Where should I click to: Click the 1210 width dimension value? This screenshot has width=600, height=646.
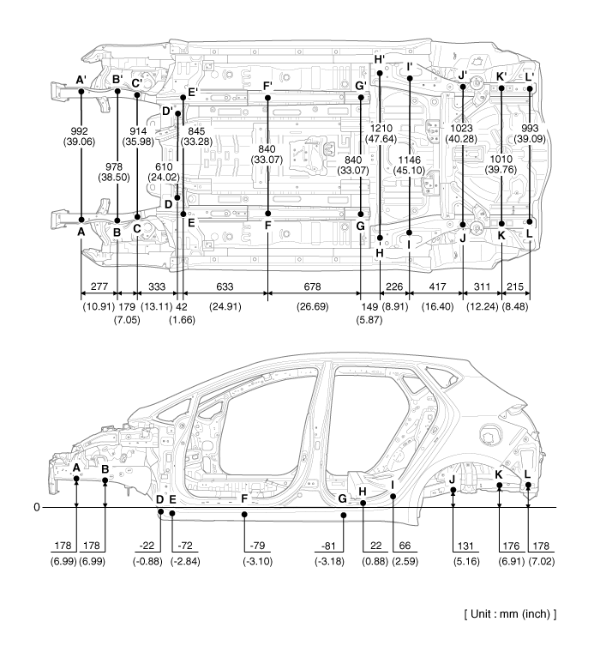click(x=381, y=128)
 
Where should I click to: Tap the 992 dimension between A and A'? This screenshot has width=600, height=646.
click(x=79, y=131)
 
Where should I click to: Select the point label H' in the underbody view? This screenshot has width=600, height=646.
click(x=379, y=59)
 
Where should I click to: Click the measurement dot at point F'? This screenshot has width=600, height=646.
click(x=268, y=98)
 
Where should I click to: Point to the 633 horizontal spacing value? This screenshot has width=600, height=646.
click(x=225, y=287)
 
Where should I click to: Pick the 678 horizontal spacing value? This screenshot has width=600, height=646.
click(x=312, y=287)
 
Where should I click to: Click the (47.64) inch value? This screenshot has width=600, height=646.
click(x=381, y=139)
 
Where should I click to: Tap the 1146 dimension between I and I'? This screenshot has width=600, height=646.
click(x=409, y=160)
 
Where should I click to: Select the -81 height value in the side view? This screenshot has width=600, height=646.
click(x=328, y=546)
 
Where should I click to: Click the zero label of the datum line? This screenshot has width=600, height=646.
click(x=37, y=507)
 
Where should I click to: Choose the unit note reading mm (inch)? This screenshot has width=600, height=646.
click(x=511, y=614)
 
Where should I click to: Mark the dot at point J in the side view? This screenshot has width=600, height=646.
click(x=453, y=490)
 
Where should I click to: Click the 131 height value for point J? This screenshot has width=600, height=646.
click(x=465, y=546)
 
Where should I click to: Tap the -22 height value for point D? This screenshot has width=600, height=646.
click(x=147, y=546)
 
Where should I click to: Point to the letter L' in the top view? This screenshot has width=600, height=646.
click(x=530, y=76)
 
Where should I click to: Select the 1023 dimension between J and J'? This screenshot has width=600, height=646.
click(x=461, y=128)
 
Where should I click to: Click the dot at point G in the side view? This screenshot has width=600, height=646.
click(x=344, y=515)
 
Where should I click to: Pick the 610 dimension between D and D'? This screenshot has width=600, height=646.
click(x=164, y=166)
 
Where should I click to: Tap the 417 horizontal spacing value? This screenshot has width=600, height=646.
click(x=437, y=287)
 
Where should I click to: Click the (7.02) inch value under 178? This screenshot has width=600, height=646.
click(x=541, y=562)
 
